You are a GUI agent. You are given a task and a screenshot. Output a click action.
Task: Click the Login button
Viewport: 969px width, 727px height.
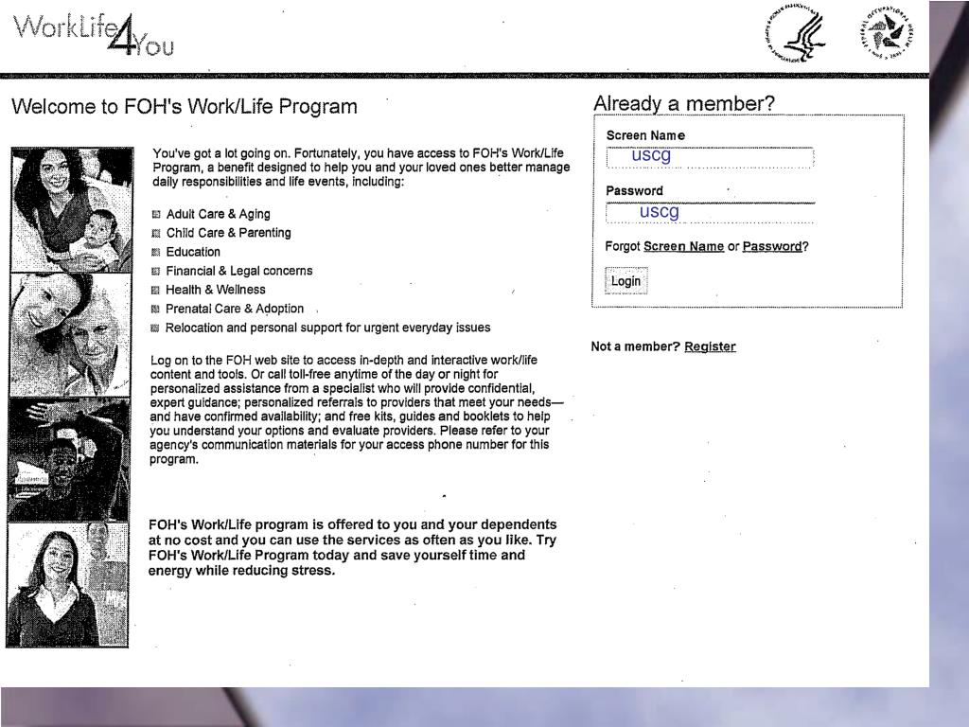[x=625, y=281]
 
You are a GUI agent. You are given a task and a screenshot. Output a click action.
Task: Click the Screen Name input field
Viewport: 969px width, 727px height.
[x=710, y=156]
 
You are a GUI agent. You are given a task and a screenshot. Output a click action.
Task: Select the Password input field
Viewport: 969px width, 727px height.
[x=710, y=212]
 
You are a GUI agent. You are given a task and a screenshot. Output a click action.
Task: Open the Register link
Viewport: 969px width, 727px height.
[x=710, y=346]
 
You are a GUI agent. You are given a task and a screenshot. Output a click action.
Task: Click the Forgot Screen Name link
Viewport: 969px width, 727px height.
[x=683, y=247]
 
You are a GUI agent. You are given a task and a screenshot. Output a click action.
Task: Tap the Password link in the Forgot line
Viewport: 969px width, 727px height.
[x=771, y=247]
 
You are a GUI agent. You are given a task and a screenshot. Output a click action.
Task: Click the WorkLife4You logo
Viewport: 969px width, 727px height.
[x=93, y=33]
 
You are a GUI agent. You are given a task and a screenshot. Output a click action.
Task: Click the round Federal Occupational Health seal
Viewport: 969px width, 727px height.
[x=888, y=33]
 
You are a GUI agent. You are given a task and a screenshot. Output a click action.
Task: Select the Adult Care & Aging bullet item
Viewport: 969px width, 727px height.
[x=218, y=214]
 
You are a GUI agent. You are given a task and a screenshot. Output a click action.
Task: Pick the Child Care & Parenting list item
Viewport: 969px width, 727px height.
[x=228, y=233]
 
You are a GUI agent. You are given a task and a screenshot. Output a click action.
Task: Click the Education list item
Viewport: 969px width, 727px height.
[x=193, y=252]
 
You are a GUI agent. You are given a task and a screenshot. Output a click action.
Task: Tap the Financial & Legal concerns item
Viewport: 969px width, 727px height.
[x=238, y=271]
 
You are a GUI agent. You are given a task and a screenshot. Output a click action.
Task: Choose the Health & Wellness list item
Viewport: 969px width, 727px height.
[x=216, y=290]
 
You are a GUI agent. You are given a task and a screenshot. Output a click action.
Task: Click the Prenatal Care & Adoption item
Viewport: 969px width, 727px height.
[x=235, y=309]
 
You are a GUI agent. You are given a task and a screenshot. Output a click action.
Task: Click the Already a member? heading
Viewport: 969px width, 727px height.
[x=683, y=103]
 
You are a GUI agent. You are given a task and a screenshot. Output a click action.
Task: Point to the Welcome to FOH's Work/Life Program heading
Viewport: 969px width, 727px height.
[x=185, y=106]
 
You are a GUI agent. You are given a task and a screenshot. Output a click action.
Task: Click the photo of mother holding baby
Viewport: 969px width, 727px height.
[x=71, y=208]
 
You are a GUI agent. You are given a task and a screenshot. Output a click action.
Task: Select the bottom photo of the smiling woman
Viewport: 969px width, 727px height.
[x=67, y=584]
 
